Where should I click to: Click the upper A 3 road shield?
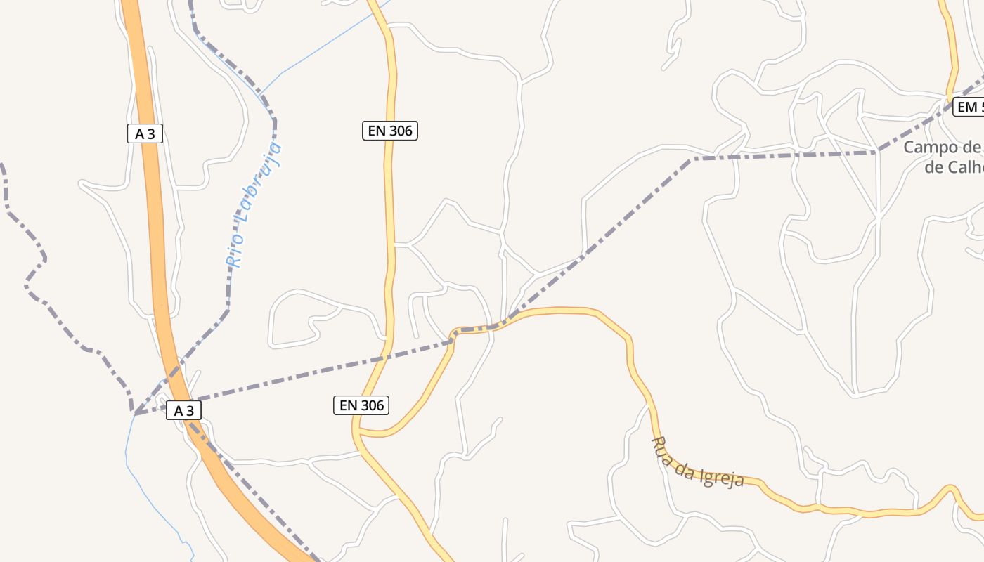point(145,133)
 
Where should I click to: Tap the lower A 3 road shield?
point(183,410)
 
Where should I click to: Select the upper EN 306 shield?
point(390,130)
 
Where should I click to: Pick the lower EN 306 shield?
point(361,405)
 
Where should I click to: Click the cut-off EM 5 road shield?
point(969,107)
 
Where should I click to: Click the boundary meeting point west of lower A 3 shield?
point(134,413)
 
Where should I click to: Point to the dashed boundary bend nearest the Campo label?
point(877,151)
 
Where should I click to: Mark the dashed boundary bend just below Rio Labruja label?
point(228,309)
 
